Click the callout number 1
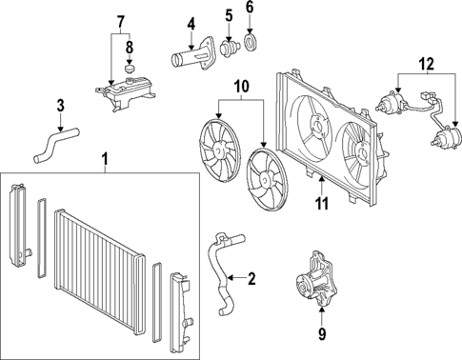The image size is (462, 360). [x=104, y=156]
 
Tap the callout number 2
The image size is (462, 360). [x=251, y=279]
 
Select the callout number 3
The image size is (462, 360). [x=59, y=105]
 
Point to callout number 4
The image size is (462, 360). [x=191, y=24]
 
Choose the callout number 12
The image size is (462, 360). [x=120, y=22]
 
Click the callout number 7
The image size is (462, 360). [x=120, y=22]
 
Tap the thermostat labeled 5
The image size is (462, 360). [x=230, y=47]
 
